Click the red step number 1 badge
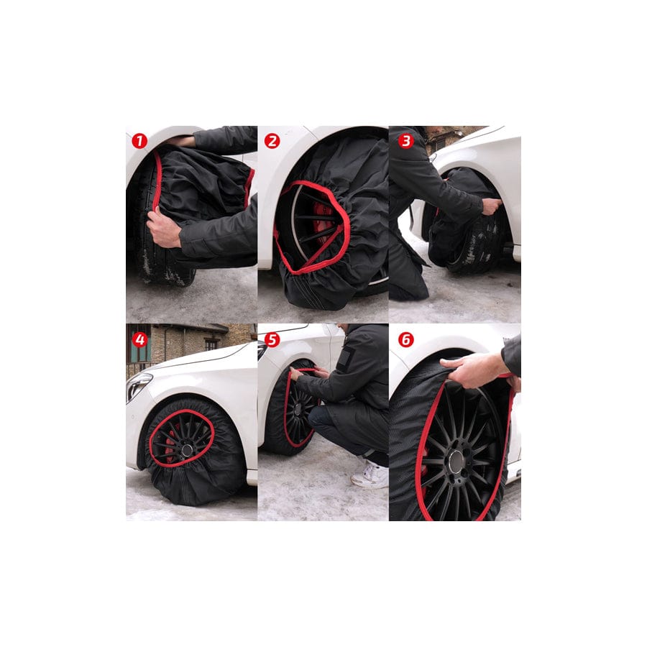[x=139, y=141]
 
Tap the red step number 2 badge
[x=272, y=141]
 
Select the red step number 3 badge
[x=405, y=141]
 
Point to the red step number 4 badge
[x=139, y=339]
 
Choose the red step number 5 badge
[x=272, y=339]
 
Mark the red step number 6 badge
[x=405, y=339]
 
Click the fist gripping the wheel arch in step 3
[x=492, y=206]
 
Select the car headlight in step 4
[x=138, y=386]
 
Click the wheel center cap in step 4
[x=187, y=450]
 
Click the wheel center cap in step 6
[x=456, y=462]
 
